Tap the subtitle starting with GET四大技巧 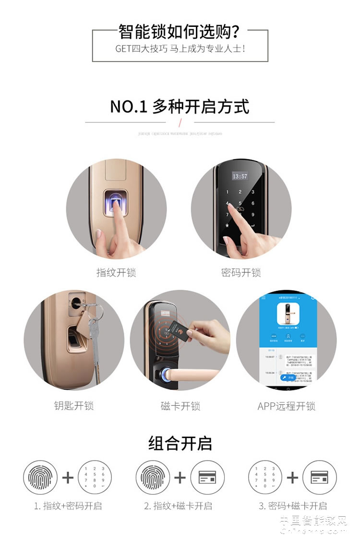click(180, 49)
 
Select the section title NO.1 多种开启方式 click(180, 106)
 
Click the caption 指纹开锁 click(116, 273)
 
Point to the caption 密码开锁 click(241, 273)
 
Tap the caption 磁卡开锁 click(180, 406)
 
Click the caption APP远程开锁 click(286, 406)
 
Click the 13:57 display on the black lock click(240, 176)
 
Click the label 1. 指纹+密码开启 click(68, 506)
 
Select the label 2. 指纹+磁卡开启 click(178, 506)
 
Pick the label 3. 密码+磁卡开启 click(292, 506)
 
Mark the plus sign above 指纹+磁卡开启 click(180, 477)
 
